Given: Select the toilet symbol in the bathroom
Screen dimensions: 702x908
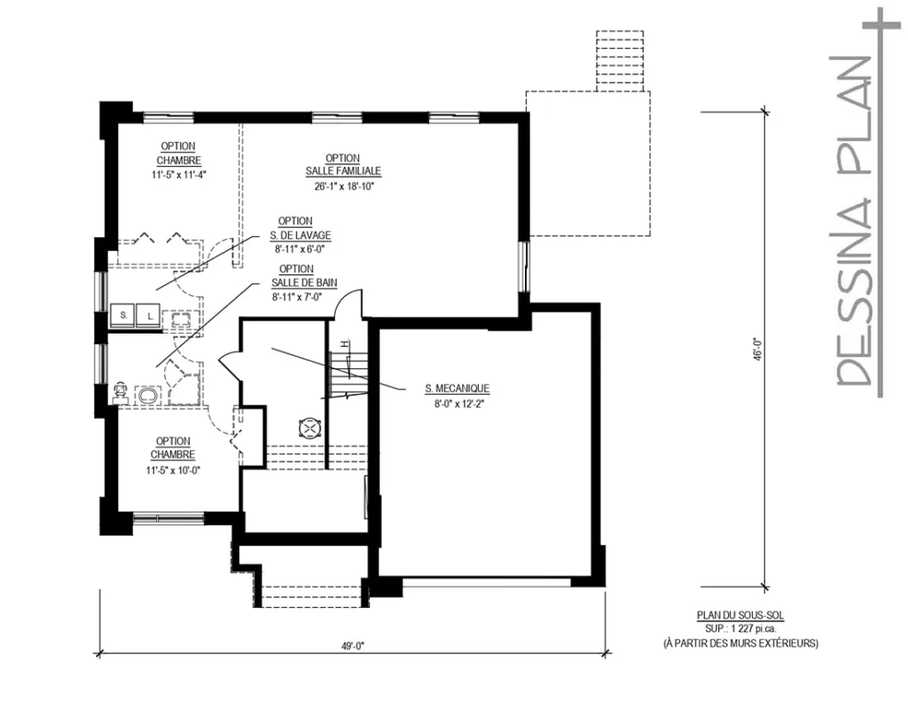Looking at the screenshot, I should pos(120,392).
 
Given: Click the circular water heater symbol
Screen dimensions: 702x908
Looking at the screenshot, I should pos(309,429).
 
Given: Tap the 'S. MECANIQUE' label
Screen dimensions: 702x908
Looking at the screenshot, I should pos(457,388).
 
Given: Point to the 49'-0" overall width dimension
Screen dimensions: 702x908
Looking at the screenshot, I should pos(351,645).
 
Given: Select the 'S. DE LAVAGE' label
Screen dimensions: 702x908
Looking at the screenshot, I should pos(301,235).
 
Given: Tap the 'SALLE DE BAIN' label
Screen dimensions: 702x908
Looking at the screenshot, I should pos(304,283).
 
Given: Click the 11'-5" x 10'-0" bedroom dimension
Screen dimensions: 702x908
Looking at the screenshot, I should pos(173,470).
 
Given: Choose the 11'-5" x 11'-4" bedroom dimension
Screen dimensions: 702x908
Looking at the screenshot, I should pos(178,175).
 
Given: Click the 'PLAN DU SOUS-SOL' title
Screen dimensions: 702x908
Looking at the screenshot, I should pos(740,614).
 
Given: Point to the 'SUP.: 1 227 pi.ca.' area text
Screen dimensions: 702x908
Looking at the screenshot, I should pos(740,627).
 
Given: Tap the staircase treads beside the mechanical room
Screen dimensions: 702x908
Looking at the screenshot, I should pos(348,373).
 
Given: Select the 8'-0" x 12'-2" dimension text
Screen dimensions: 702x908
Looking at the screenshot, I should pos(457,404).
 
